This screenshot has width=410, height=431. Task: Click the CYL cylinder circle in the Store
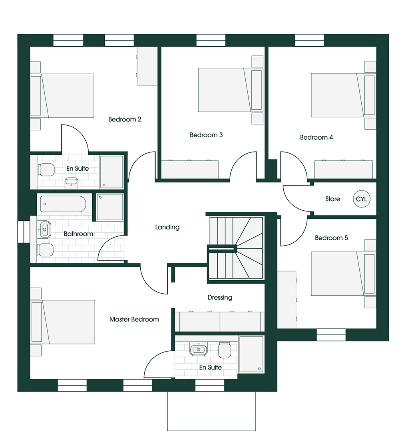(x=361, y=199)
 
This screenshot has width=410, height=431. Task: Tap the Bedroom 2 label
(x=125, y=119)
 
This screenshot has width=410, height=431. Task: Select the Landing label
(x=167, y=227)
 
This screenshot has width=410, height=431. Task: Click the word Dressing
(x=220, y=297)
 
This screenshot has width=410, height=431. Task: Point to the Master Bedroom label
(x=134, y=319)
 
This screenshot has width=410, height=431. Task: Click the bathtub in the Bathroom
(x=63, y=204)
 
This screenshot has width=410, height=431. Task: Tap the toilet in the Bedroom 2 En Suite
(x=47, y=170)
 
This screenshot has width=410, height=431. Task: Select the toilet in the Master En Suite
(x=224, y=350)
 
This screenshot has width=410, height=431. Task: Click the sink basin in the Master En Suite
(x=198, y=349)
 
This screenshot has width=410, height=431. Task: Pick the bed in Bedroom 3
(x=230, y=90)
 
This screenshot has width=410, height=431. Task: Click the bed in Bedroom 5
(x=343, y=274)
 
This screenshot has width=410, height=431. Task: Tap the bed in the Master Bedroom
(x=63, y=322)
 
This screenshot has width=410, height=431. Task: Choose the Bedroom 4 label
(x=316, y=137)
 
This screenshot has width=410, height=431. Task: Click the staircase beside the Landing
(x=236, y=248)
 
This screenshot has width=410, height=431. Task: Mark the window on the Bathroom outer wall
(x=24, y=231)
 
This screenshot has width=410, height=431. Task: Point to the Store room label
(x=332, y=199)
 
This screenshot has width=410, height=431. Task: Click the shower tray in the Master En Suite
(x=251, y=354)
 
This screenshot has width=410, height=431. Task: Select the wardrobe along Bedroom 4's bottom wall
(x=343, y=169)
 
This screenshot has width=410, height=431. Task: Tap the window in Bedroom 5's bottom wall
(x=331, y=335)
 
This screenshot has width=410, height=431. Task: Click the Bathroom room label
(x=78, y=234)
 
